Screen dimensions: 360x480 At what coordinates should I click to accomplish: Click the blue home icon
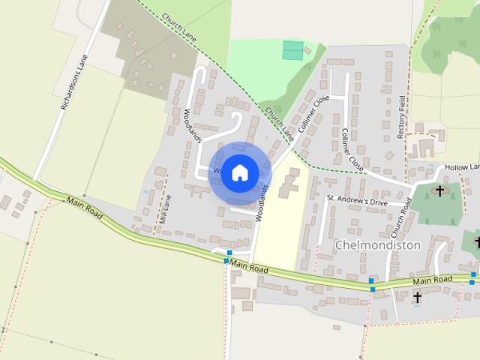coord(239,173)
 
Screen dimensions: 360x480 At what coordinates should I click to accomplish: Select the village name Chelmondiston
coord(378,244)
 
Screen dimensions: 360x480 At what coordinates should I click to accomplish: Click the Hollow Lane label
coord(461,166)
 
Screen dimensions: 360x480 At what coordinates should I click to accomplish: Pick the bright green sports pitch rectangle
coord(293,50)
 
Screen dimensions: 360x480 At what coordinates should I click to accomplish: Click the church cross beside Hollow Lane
coord(440,190)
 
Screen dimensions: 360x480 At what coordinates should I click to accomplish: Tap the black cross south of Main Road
coord(417,298)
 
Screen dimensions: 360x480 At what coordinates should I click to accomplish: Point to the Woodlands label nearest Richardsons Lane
coord(192,125)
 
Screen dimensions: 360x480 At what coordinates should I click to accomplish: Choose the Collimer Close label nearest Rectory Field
coord(352,148)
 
